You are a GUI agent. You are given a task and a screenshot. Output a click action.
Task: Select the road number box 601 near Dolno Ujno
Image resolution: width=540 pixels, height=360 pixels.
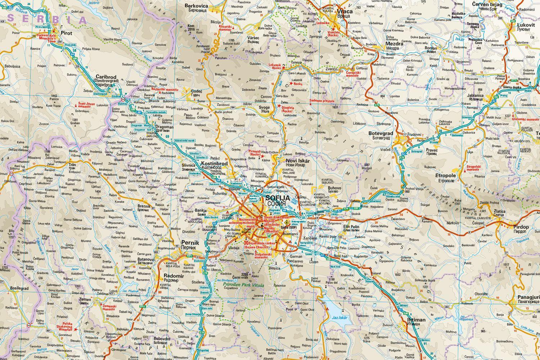point(48,330)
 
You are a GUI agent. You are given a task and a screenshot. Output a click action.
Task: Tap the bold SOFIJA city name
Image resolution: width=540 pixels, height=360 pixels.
point(278,198)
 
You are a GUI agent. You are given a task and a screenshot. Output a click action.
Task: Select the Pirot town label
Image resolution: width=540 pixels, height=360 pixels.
point(67,33)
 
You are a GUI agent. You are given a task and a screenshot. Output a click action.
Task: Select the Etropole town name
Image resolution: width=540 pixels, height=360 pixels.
point(446,176)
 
